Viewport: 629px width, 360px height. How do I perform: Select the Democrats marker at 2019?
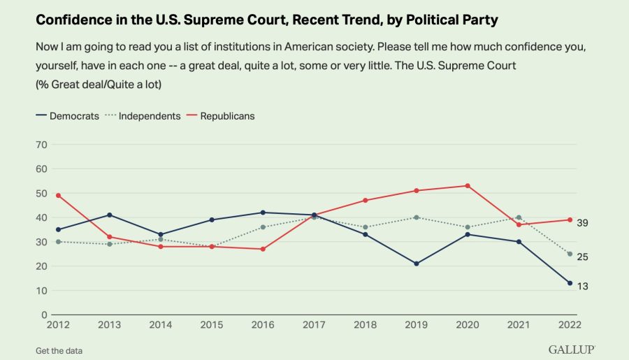tap(417, 264)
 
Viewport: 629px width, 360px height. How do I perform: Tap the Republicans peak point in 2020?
tap(467, 186)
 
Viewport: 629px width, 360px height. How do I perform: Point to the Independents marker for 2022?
tap(570, 254)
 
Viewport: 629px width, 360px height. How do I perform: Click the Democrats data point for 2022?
tap(570, 283)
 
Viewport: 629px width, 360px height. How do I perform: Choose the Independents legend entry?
tap(144, 116)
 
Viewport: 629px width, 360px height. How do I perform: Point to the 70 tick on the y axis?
tap(41, 145)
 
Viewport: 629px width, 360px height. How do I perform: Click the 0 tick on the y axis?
tap(44, 315)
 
